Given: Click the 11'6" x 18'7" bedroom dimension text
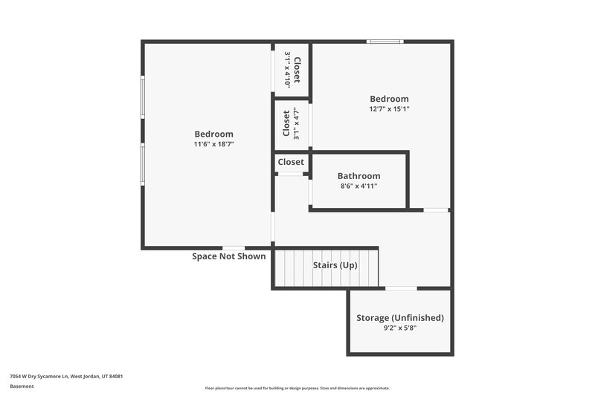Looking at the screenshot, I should pos(214,144).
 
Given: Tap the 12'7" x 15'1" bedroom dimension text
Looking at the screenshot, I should pos(389,108).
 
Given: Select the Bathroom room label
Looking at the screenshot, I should pos(358,176).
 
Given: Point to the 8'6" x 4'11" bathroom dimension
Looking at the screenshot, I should pos(358,186).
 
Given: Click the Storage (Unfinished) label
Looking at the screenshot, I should pos(399,317).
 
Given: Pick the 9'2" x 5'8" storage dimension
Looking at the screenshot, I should pos(399,328).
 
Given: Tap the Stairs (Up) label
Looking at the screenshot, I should pos(335,265).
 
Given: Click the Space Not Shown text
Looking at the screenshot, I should pos(228,256).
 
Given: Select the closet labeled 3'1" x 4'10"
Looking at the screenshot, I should pos(292,69).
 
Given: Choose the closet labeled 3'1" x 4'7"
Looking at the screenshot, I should pos(291,123).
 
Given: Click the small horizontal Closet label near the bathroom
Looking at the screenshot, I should pos(291,162).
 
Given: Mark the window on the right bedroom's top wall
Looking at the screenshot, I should pos(385,42).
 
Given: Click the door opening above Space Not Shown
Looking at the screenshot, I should pos(234,247).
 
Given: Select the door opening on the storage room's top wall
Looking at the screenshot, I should pos(401,288).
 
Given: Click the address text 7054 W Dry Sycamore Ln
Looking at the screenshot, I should pos(66,377).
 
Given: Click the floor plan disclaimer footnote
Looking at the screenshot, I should pos(297,388).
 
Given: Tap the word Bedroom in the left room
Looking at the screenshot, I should pos(214,134).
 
